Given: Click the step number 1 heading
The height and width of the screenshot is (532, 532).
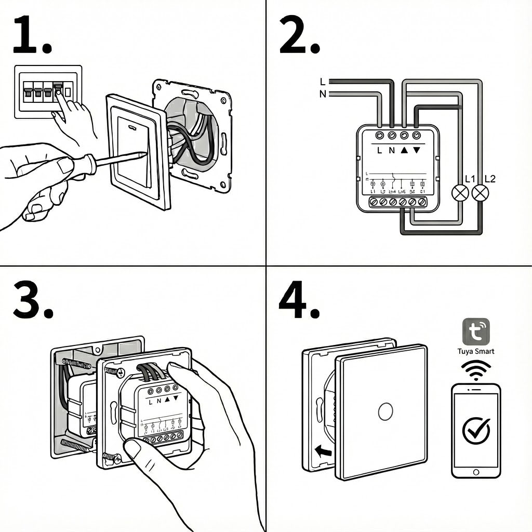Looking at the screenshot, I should [x=31, y=35].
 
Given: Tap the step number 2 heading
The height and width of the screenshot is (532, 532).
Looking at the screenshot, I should [x=299, y=35].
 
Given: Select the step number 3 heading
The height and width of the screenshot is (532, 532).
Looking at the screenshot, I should [x=33, y=301].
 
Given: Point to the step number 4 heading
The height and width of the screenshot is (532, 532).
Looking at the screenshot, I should [x=299, y=301].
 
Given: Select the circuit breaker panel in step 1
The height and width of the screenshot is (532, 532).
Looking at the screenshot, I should [x=48, y=92].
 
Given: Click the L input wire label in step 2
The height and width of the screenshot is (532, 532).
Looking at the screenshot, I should [x=323, y=82].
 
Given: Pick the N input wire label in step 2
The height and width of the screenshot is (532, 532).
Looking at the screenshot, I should [x=323, y=94].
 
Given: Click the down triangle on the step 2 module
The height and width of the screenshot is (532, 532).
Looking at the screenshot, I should [x=417, y=151].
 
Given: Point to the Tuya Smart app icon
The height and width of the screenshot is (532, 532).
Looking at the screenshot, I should [x=476, y=331].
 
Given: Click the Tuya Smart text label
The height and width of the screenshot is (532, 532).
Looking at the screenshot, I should [x=476, y=351].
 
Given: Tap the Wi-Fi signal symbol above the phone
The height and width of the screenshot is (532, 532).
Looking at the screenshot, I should [x=476, y=370].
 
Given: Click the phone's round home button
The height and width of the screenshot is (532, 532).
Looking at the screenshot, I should [x=476, y=471].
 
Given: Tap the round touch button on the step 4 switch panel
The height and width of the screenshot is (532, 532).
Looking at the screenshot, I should [x=385, y=411].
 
